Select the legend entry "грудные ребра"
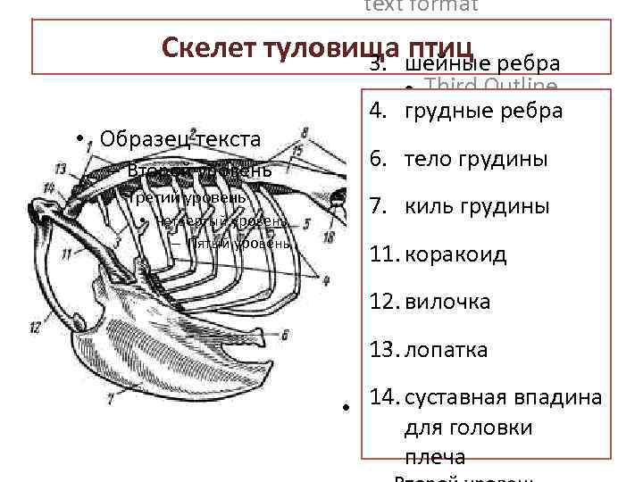[x=483, y=112]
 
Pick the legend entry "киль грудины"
[x=477, y=207]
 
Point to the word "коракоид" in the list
[x=455, y=254]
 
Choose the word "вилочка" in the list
[x=447, y=302]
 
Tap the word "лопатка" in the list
[x=447, y=349]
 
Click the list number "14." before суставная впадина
[x=384, y=396]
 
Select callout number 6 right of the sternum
[x=283, y=336]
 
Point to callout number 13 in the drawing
[x=60, y=169]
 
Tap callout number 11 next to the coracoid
[x=67, y=254]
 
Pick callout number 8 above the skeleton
[x=305, y=133]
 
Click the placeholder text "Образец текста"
[x=180, y=139]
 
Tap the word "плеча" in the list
[x=435, y=457]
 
